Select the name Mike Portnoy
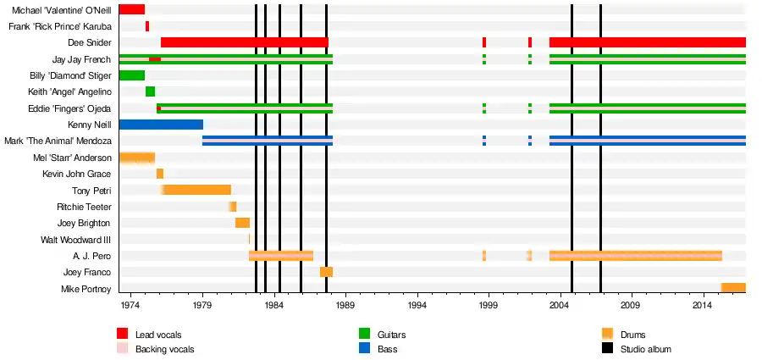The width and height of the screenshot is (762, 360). click(x=88, y=288)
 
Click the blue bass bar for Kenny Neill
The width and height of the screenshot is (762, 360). click(x=161, y=125)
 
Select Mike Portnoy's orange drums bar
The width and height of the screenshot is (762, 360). click(x=732, y=288)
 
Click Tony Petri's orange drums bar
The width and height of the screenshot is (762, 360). click(x=196, y=190)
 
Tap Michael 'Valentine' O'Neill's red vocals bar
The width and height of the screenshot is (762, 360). click(x=131, y=9)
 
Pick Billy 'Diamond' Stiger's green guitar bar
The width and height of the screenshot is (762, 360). click(x=131, y=75)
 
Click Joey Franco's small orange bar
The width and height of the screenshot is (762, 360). click(x=326, y=272)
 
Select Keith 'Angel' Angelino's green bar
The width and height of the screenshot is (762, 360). click(x=150, y=91)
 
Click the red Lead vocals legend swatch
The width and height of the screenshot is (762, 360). click(x=123, y=335)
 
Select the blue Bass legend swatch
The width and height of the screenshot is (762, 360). click(x=365, y=349)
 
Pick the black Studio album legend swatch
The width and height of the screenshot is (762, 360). click(x=607, y=349)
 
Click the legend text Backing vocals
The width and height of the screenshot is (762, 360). click(x=164, y=349)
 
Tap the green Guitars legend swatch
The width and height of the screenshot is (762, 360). click(x=365, y=335)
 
